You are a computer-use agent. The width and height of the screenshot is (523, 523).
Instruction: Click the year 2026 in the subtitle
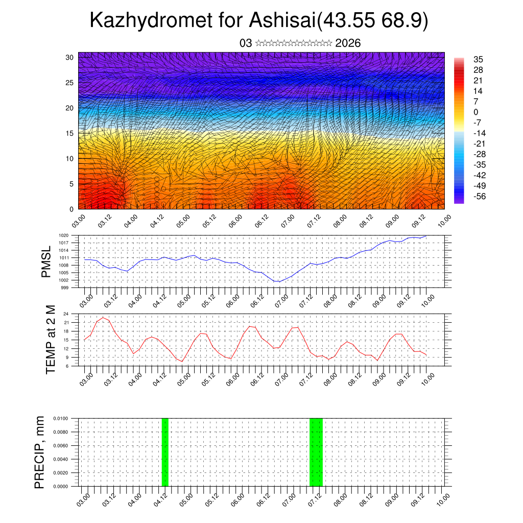click(348, 43)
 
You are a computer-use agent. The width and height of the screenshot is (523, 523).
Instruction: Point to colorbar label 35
click(479, 59)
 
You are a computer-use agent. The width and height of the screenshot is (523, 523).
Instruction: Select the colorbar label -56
click(479, 196)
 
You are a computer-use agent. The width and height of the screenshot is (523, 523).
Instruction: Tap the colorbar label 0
click(476, 112)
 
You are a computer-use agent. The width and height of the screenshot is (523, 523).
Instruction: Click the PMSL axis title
click(46, 262)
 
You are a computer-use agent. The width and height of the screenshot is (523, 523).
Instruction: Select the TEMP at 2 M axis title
click(51, 339)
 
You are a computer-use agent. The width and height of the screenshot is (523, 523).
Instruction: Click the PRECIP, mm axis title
click(40, 452)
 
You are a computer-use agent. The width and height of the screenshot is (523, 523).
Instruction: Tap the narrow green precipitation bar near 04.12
click(164, 452)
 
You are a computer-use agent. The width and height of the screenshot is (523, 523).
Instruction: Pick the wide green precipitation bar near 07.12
click(316, 452)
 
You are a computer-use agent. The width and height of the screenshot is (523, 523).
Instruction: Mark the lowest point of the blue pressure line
click(279, 281)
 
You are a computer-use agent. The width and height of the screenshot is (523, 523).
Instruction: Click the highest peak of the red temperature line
click(103, 318)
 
